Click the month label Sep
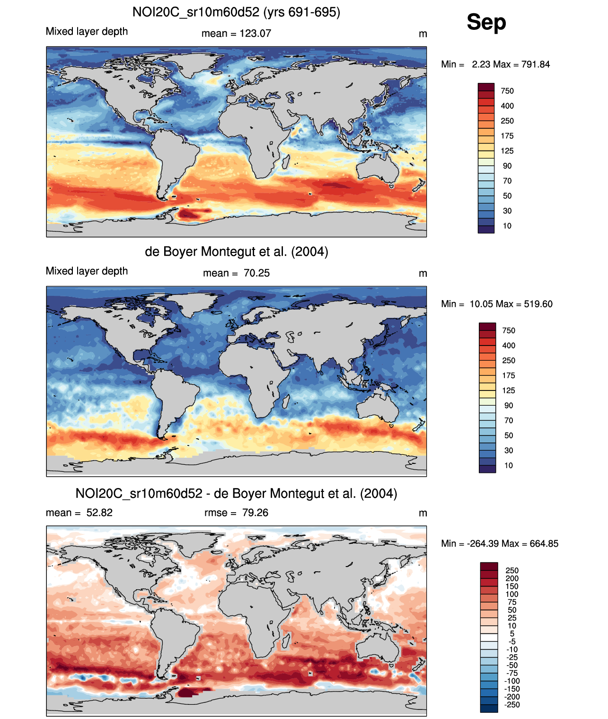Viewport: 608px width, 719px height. (x=486, y=22)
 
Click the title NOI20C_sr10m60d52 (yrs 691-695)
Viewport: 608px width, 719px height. (x=236, y=12)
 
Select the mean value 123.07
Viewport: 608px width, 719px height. (x=255, y=34)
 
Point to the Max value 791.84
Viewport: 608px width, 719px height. (x=536, y=64)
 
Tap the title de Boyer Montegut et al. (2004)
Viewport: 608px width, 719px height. (x=236, y=251)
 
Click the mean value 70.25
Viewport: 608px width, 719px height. (x=256, y=273)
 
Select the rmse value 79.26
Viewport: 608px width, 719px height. (x=255, y=513)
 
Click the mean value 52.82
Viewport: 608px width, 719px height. (x=99, y=513)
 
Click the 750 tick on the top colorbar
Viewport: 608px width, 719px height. (x=507, y=91)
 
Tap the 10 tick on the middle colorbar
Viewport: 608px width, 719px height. (x=509, y=465)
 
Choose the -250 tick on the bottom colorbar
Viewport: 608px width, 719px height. (x=512, y=704)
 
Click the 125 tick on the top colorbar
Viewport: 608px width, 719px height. (x=507, y=151)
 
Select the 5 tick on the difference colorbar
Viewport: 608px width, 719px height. (x=512, y=633)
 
